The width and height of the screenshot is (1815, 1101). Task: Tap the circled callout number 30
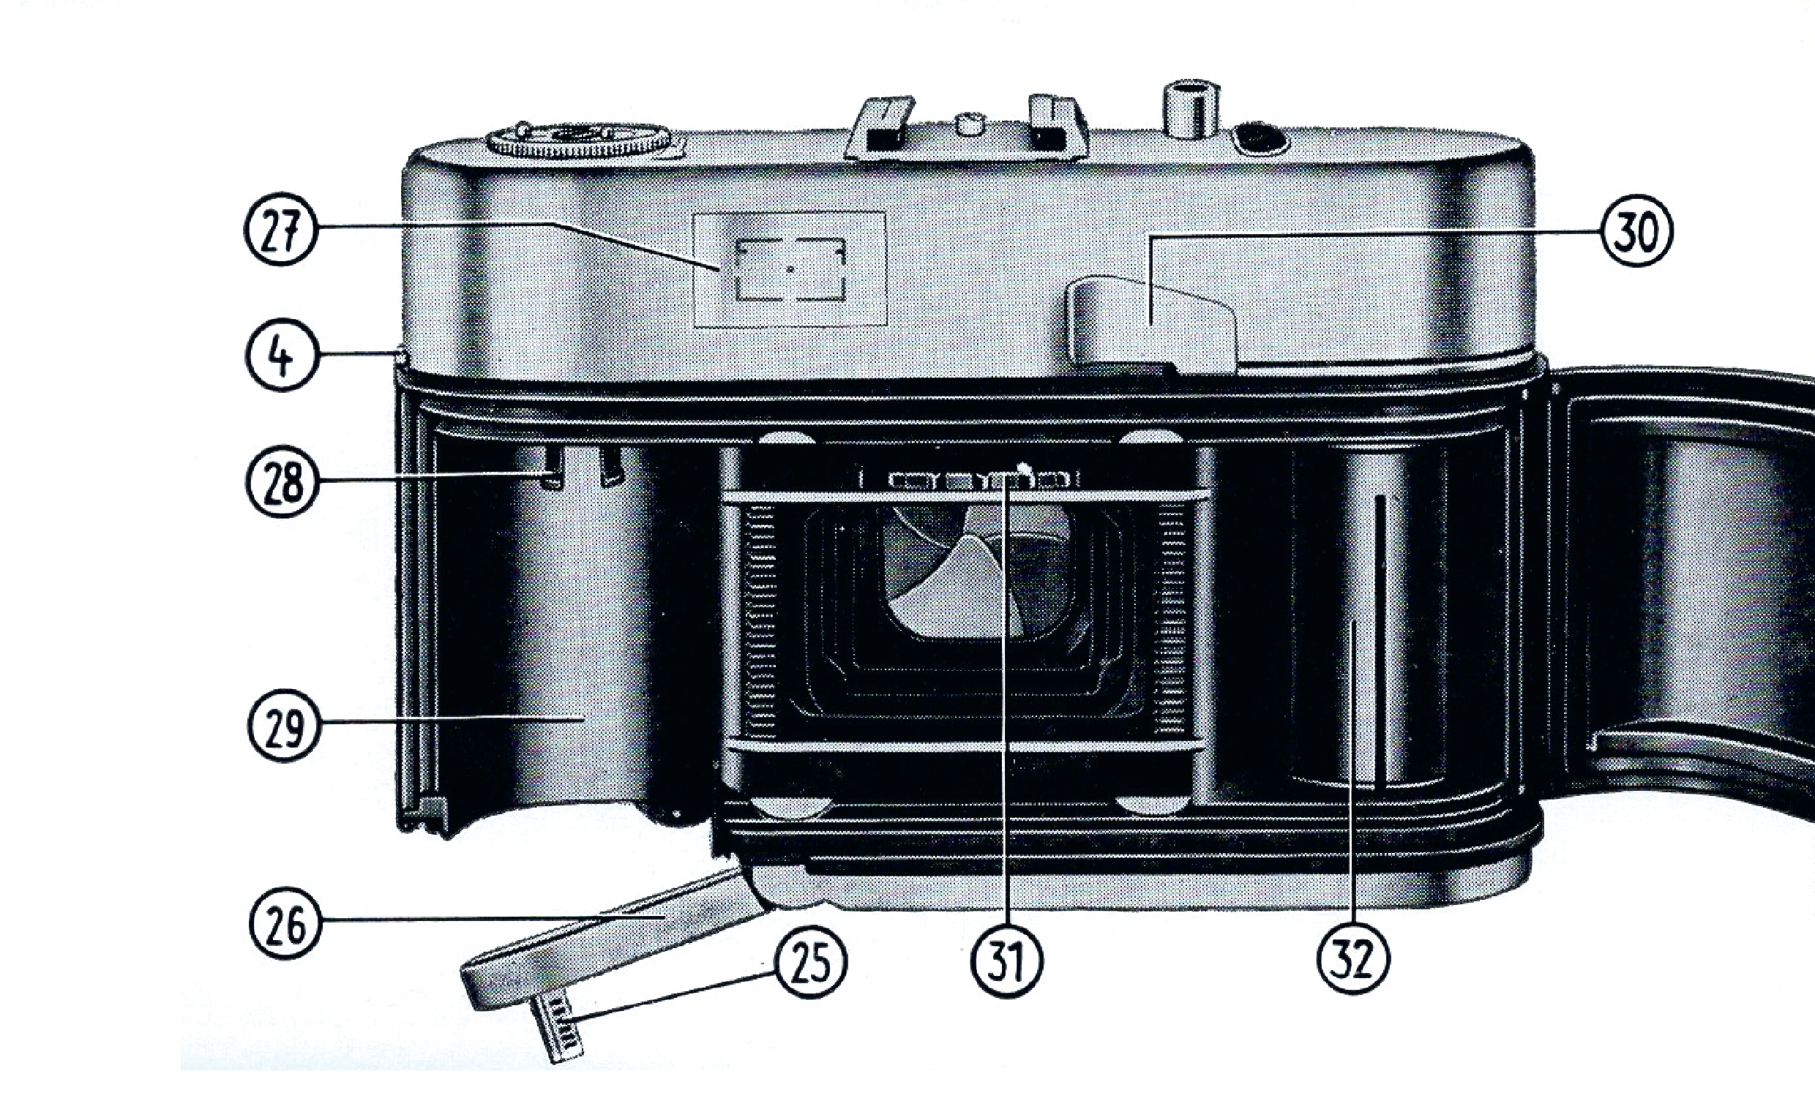click(x=1636, y=230)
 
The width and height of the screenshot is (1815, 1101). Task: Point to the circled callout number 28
click(x=282, y=482)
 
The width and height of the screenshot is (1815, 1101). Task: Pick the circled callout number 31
click(x=1007, y=961)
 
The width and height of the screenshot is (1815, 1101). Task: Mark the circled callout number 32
click(x=1354, y=958)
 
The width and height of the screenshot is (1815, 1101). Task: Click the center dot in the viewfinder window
click(x=790, y=270)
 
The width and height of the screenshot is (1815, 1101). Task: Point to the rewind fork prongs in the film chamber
click(x=582, y=467)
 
